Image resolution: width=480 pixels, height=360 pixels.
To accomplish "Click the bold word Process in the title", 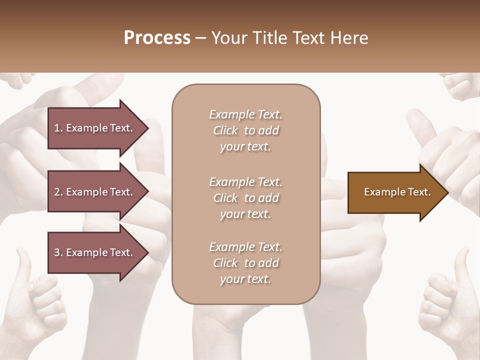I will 157,38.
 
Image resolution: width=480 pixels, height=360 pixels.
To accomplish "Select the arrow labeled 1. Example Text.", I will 95,128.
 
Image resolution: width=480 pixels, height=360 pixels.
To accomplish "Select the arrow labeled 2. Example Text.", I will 95,192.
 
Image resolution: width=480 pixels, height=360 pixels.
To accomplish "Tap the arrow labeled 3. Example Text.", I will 95,252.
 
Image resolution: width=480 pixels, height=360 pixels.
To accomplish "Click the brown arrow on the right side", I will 395,192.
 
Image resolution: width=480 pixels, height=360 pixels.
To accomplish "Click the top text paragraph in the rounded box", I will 245,130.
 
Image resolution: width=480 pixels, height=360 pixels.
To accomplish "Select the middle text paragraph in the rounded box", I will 245,198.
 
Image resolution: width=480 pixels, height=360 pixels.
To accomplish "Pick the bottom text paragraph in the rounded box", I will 245,263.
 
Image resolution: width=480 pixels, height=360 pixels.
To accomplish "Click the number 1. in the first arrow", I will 58,128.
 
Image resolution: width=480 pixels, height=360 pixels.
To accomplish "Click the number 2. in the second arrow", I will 58,192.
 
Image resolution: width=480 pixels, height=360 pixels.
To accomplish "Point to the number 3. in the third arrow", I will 58,252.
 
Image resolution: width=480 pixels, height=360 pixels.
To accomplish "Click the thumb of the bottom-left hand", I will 22,262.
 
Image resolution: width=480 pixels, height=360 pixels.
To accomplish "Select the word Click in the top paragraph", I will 225,130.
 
